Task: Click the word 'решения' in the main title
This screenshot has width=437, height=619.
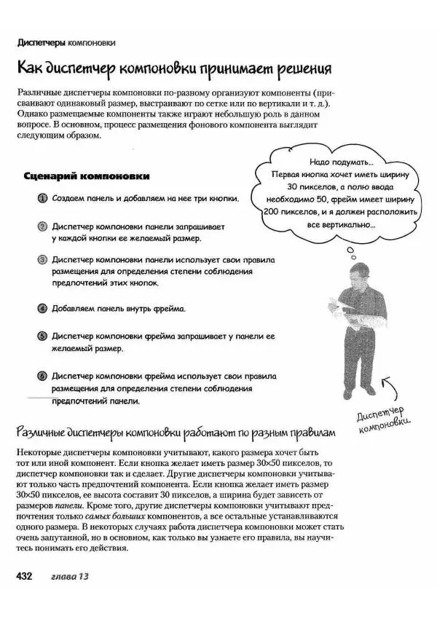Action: click(299, 70)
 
